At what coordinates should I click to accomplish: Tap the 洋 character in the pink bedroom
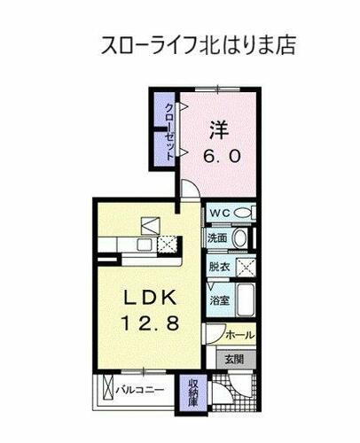point(219,128)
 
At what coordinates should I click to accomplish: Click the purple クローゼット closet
point(165,129)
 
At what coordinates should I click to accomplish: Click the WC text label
point(221,213)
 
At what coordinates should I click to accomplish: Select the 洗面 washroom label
point(218,237)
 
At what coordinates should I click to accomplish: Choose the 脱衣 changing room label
point(218,264)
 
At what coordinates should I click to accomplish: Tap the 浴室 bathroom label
point(218,299)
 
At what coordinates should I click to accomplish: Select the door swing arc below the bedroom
point(191,190)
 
